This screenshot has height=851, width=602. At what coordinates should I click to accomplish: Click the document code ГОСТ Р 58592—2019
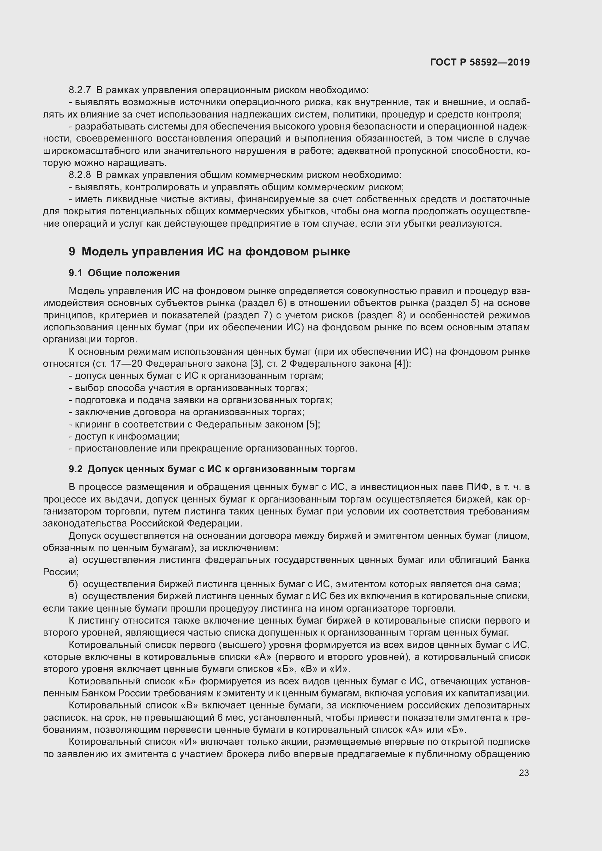480,62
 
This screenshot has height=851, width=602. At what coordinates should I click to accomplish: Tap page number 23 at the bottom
524,773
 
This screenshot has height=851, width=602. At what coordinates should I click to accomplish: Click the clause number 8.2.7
80,90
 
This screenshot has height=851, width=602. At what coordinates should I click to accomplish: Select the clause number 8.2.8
80,175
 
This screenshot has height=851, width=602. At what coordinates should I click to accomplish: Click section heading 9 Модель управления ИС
209,252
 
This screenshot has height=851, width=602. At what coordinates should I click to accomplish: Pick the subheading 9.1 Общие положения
124,273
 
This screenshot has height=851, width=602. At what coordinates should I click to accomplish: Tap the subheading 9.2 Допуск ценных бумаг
212,469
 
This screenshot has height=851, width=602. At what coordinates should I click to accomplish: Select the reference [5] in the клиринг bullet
313,424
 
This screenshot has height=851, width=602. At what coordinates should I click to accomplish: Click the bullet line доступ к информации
124,437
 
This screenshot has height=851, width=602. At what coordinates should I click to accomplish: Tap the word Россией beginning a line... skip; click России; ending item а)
61,572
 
